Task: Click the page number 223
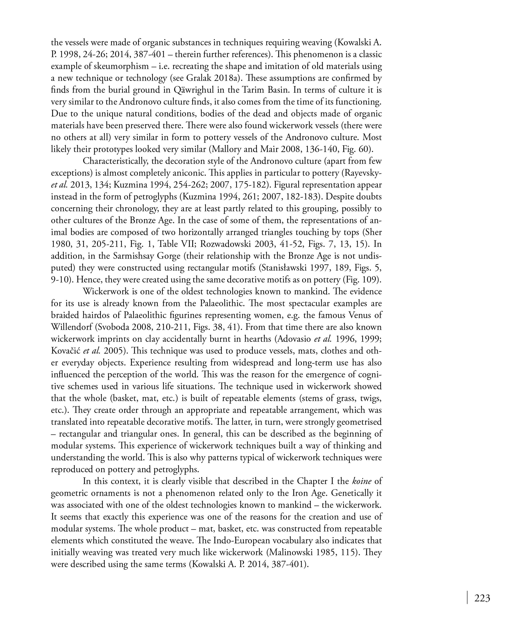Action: (482, 598)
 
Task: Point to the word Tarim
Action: (252, 90)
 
